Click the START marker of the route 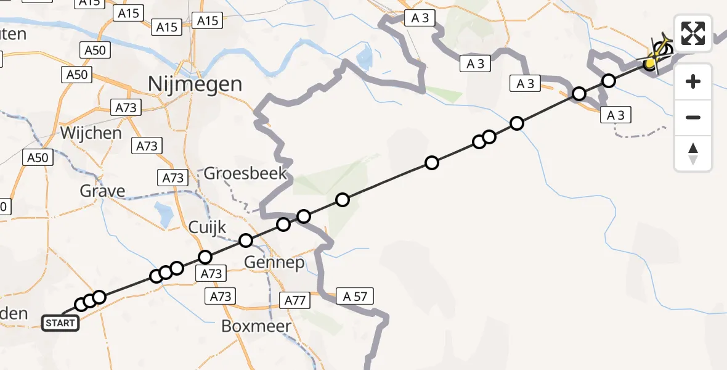pyautogui.click(x=60, y=323)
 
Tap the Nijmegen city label pyautogui.click(x=195, y=84)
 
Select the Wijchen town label pyautogui.click(x=91, y=133)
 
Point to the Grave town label pyautogui.click(x=102, y=191)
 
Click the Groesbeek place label pyautogui.click(x=245, y=173)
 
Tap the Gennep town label pyautogui.click(x=274, y=263)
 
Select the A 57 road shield pyautogui.click(x=354, y=297)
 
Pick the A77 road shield pyautogui.click(x=294, y=301)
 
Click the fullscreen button pyautogui.click(x=693, y=33)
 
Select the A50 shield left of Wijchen pyautogui.click(x=37, y=158)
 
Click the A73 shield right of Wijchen pyautogui.click(x=147, y=146)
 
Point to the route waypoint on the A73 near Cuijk pyautogui.click(x=205, y=257)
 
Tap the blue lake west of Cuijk pyautogui.click(x=165, y=215)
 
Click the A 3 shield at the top pyautogui.click(x=420, y=18)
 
